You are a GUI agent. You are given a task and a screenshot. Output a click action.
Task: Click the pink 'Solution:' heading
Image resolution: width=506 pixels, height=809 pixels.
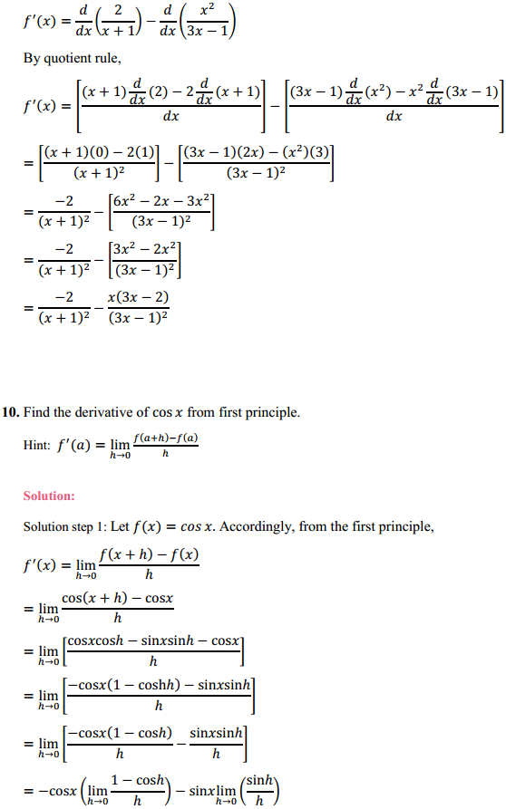point(49,496)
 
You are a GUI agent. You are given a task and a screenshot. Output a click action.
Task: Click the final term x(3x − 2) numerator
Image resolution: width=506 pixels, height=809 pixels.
point(138,298)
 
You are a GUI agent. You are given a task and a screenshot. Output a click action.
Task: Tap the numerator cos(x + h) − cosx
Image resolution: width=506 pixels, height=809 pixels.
point(117,599)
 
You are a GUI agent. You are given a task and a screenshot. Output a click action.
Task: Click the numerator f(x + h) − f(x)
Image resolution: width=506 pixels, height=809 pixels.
point(150,555)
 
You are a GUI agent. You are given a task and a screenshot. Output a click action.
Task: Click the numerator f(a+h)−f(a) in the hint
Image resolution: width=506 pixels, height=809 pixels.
point(165,439)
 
